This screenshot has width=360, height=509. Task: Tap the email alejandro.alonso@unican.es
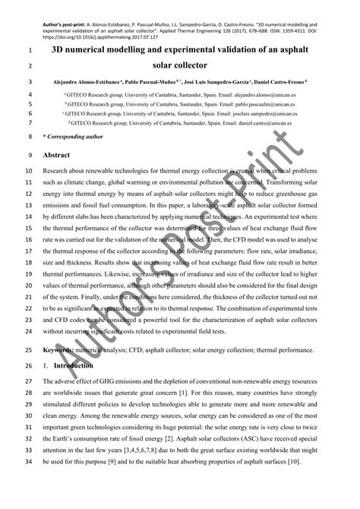[270, 93]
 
